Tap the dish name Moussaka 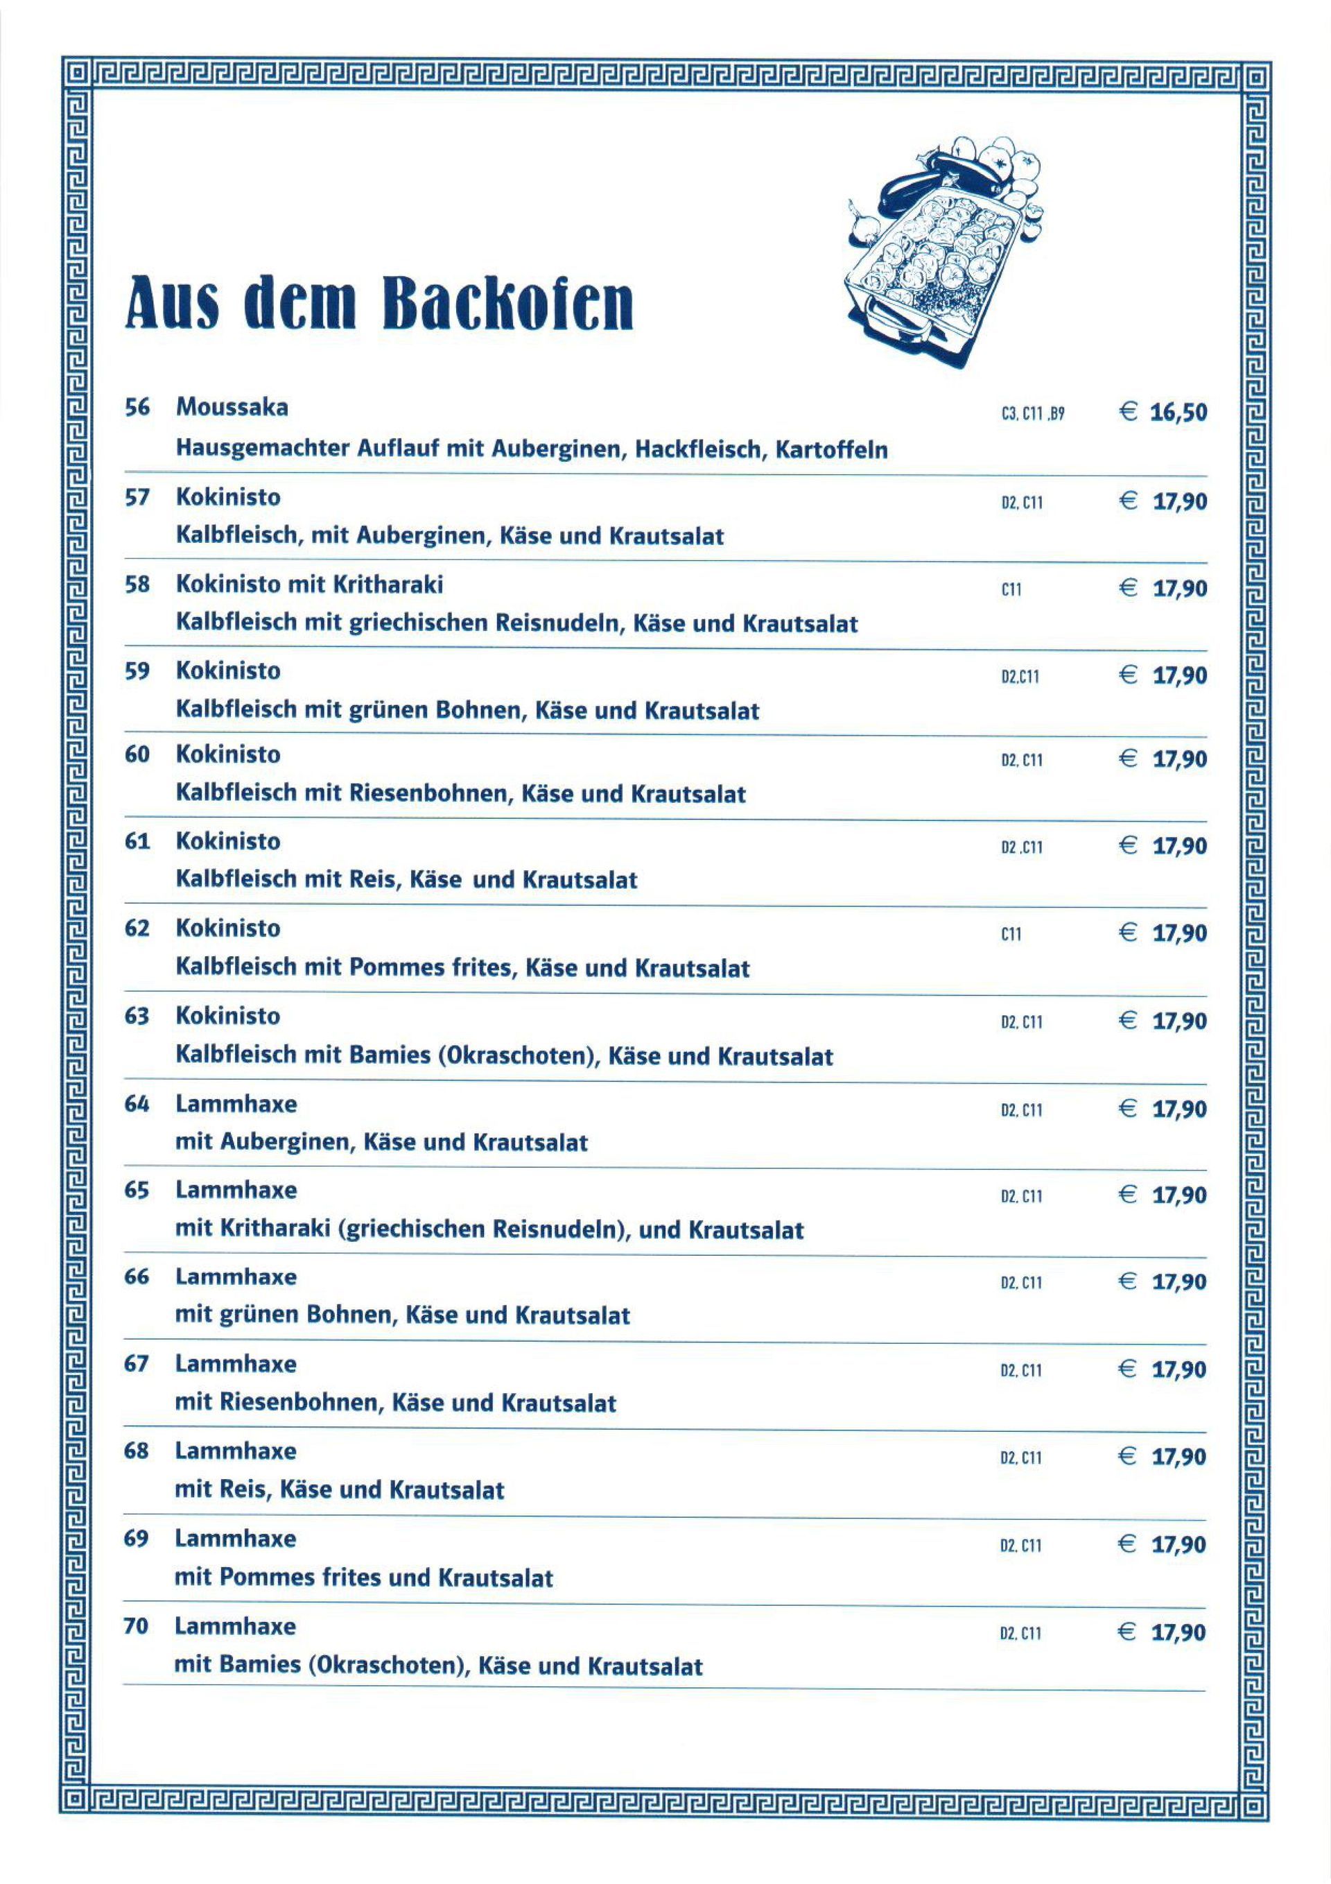click(x=232, y=408)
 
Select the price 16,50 click(x=1178, y=412)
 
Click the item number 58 click(x=137, y=585)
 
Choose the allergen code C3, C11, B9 click(x=1032, y=415)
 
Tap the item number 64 click(x=137, y=1105)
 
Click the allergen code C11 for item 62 click(x=1011, y=934)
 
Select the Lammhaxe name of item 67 click(x=236, y=1364)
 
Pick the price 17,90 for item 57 click(x=1179, y=501)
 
